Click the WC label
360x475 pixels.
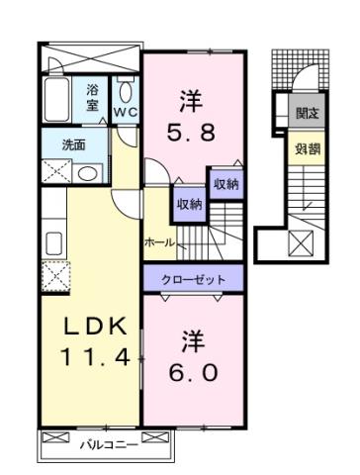[125, 112]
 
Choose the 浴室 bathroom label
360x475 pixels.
[93, 97]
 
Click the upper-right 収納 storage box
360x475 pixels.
[224, 185]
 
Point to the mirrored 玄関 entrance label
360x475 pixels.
[305, 112]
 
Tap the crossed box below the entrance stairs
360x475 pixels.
[301, 242]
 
